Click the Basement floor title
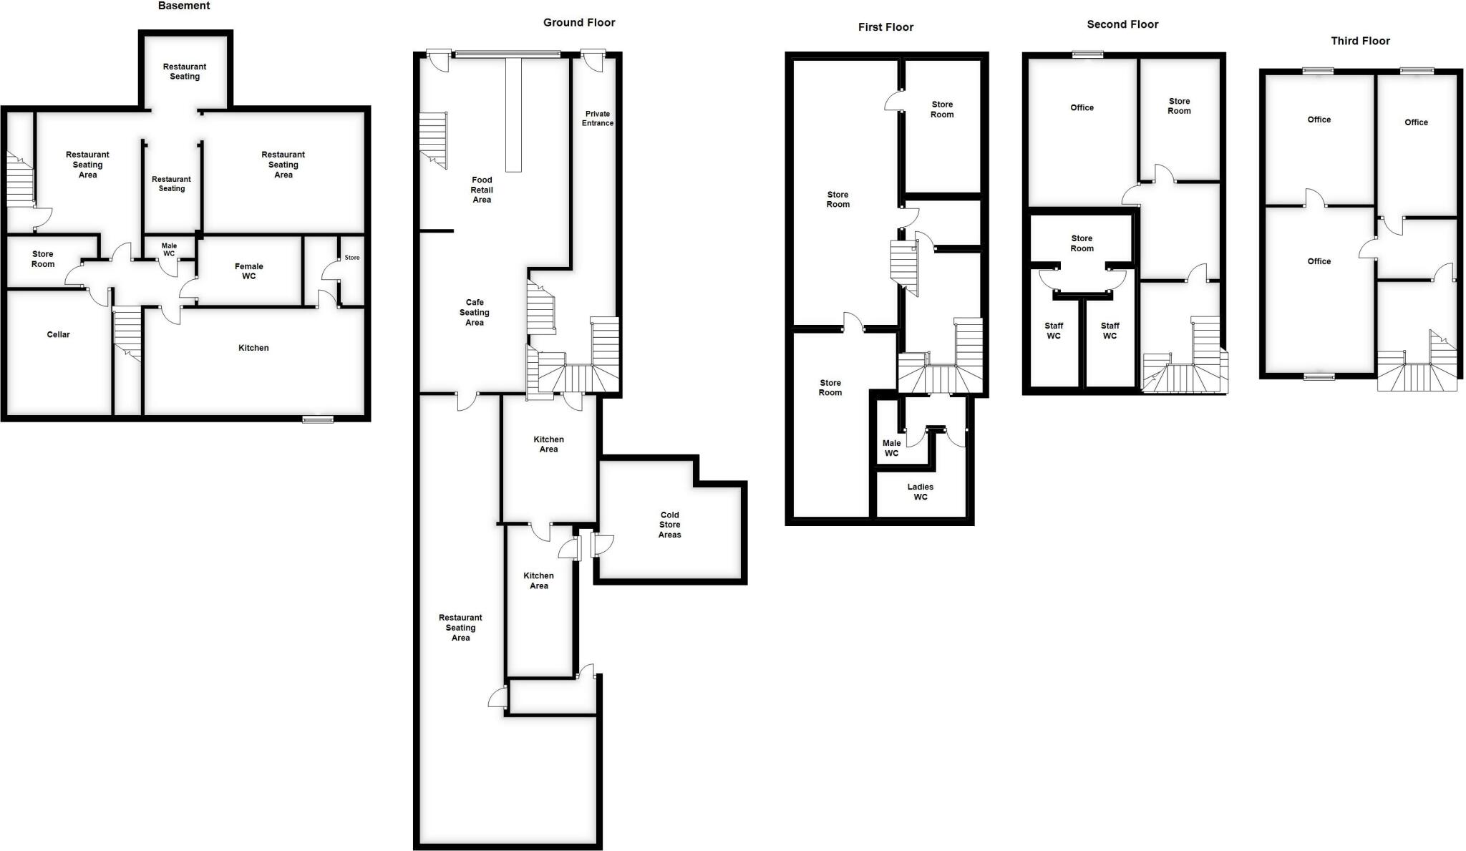point(184,6)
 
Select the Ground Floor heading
point(579,23)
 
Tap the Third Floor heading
point(1360,41)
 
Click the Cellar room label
point(58,334)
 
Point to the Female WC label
point(248,271)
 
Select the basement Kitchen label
point(253,348)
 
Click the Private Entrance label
point(598,118)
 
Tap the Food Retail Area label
point(482,190)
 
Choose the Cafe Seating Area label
point(474,312)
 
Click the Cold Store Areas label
point(669,525)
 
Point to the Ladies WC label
point(920,492)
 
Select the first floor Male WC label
point(891,448)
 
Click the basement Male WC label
point(169,249)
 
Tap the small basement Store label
point(352,258)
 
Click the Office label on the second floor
point(1082,107)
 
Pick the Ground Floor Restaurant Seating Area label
point(460,627)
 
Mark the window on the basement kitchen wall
point(318,419)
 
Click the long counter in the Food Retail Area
point(513,115)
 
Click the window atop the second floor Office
point(1087,54)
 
